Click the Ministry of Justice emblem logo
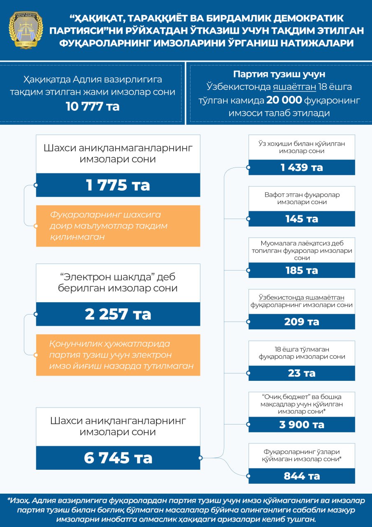click(26, 30)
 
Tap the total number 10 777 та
click(93, 106)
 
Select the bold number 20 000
click(284, 100)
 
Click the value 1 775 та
click(118, 185)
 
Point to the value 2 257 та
click(118, 314)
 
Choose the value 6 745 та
click(118, 457)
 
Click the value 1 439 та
click(302, 167)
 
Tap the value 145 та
click(302, 219)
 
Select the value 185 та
click(302, 270)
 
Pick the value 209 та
click(302, 322)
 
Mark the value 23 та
click(302, 373)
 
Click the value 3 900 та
click(302, 424)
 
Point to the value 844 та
click(302, 476)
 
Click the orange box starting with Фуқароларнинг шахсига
click(118, 226)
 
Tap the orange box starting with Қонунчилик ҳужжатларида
click(118, 355)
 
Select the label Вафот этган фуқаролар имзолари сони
click(302, 198)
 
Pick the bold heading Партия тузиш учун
click(279, 75)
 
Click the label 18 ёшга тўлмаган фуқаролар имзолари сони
click(302, 353)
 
